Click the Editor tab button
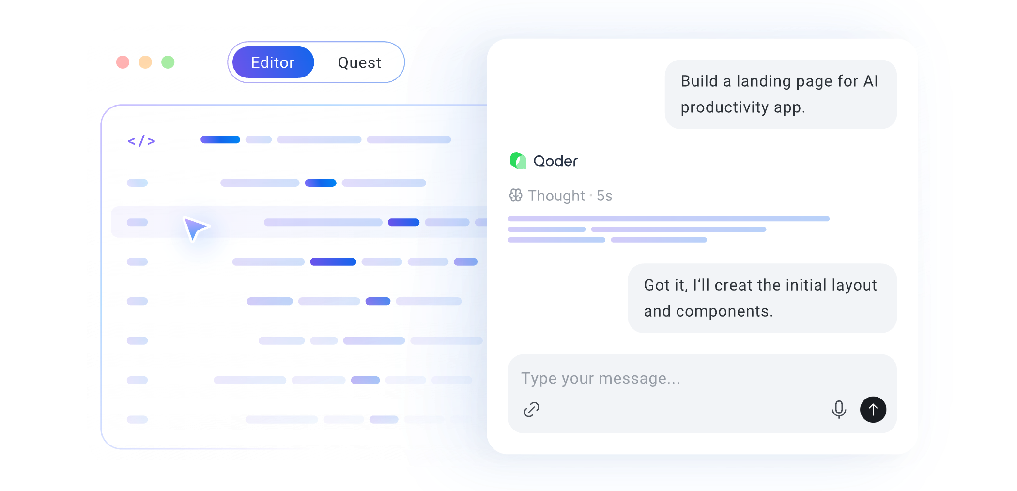point(273,62)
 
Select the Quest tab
point(359,62)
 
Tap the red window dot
point(123,62)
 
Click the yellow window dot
point(145,62)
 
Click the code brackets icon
point(141,141)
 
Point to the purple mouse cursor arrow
point(195,228)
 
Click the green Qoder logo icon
point(518,161)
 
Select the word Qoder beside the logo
point(555,161)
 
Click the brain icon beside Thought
point(516,195)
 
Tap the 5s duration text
point(604,196)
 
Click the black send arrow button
point(873,410)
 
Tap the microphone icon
point(839,410)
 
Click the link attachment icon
point(531,410)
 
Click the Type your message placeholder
point(601,378)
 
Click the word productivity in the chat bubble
point(724,107)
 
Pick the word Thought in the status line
point(556,196)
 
